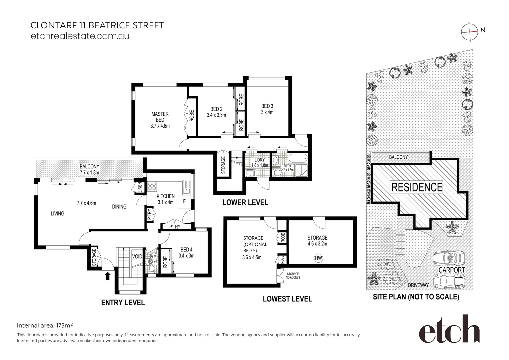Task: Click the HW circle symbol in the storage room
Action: click(x=318, y=258)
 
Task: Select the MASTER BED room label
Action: click(x=160, y=120)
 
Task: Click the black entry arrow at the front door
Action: click(x=108, y=276)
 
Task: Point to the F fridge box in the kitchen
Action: click(x=184, y=202)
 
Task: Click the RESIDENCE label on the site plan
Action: click(x=417, y=187)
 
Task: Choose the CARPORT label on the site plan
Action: click(x=452, y=270)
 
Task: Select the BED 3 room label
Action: click(x=267, y=109)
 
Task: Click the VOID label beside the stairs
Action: click(x=137, y=256)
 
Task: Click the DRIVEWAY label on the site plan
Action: click(x=418, y=285)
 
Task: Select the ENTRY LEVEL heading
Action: click(x=123, y=302)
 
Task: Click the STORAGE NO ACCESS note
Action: click(x=293, y=276)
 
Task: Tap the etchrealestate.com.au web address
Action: click(x=80, y=36)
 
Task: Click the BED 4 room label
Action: click(x=186, y=252)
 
